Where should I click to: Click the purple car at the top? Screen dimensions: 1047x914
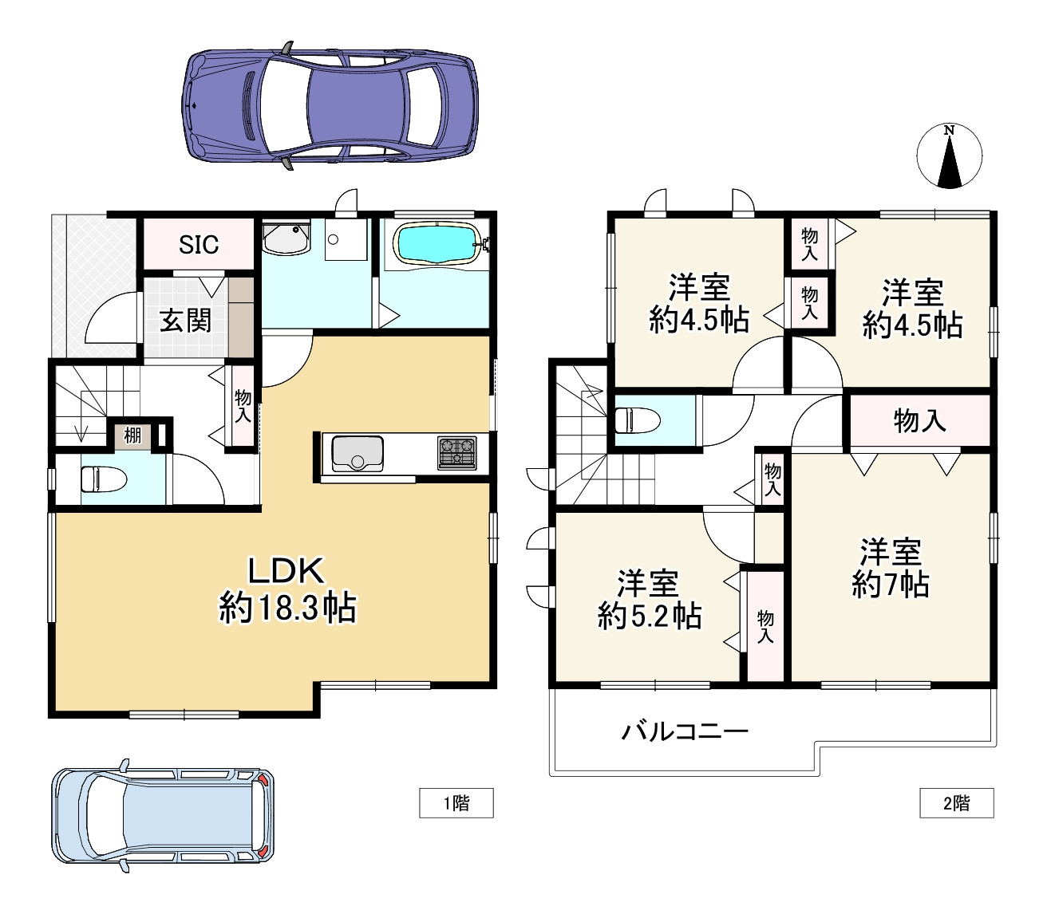pyautogui.click(x=330, y=106)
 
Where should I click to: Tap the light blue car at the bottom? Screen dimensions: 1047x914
pyautogui.click(x=163, y=815)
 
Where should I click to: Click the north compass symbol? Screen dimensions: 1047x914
pyautogui.click(x=950, y=156)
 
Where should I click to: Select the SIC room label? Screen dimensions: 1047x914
pyautogui.click(x=199, y=245)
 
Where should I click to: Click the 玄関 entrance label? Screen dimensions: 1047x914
pyautogui.click(x=185, y=321)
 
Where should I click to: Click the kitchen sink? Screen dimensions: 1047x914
pyautogui.click(x=358, y=454)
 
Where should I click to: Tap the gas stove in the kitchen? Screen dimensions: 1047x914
pyautogui.click(x=456, y=453)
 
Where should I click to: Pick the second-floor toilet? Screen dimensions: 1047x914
pyautogui.click(x=637, y=420)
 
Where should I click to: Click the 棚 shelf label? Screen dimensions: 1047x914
pyautogui.click(x=132, y=435)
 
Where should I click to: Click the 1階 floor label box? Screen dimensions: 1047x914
pyautogui.click(x=456, y=803)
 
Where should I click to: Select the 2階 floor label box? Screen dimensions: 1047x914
pyautogui.click(x=956, y=803)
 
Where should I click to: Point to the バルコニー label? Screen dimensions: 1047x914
pyautogui.click(x=685, y=732)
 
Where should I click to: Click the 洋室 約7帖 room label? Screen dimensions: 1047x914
pyautogui.click(x=891, y=568)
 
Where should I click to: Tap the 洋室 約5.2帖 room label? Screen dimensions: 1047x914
pyautogui.click(x=649, y=600)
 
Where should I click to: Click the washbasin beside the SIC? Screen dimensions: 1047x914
pyautogui.click(x=286, y=238)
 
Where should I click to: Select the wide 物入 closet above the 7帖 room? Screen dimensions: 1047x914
pyautogui.click(x=919, y=421)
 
